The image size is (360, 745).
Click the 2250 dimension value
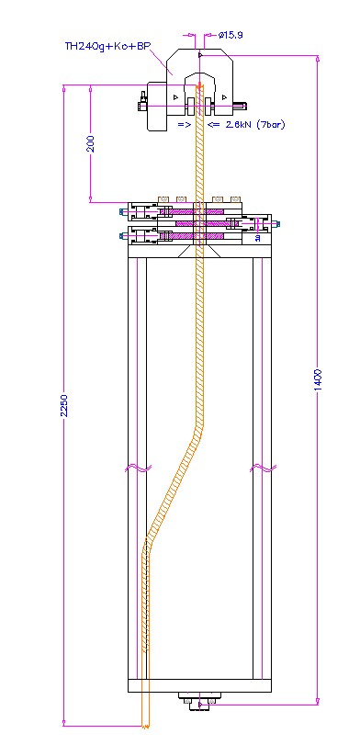click(x=64, y=405)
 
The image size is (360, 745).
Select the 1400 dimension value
click(x=318, y=379)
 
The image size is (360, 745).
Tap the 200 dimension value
click(x=91, y=143)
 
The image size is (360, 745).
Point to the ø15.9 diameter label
click(x=231, y=35)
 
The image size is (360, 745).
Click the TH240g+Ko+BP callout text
click(x=107, y=47)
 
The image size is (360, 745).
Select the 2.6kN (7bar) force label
click(x=255, y=125)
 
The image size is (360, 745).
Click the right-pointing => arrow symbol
click(x=185, y=125)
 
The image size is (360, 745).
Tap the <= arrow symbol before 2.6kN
click(x=214, y=125)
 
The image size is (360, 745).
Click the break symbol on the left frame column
click(x=138, y=468)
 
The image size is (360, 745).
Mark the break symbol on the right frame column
click(x=264, y=468)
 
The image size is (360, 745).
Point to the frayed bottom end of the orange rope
click(x=145, y=725)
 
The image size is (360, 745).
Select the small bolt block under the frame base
click(x=199, y=701)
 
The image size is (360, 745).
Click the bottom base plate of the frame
click(x=199, y=685)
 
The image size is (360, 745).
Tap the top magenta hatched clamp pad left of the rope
click(x=176, y=210)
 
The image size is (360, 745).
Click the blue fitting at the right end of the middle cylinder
click(x=277, y=223)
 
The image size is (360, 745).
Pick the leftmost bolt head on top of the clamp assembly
click(x=163, y=198)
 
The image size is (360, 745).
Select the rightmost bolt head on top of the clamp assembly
click(x=235, y=198)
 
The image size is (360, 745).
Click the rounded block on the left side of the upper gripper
click(x=156, y=106)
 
